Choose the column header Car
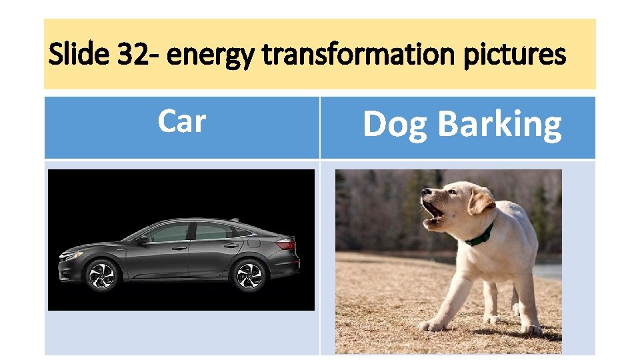coord(181,121)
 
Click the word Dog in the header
coord(394,125)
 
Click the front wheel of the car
coord(102,275)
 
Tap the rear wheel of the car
coord(250,275)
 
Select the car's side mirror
coord(141,239)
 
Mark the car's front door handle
coord(178,247)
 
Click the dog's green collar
coord(480,235)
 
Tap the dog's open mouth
coord(433,212)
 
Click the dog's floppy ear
coord(480,200)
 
